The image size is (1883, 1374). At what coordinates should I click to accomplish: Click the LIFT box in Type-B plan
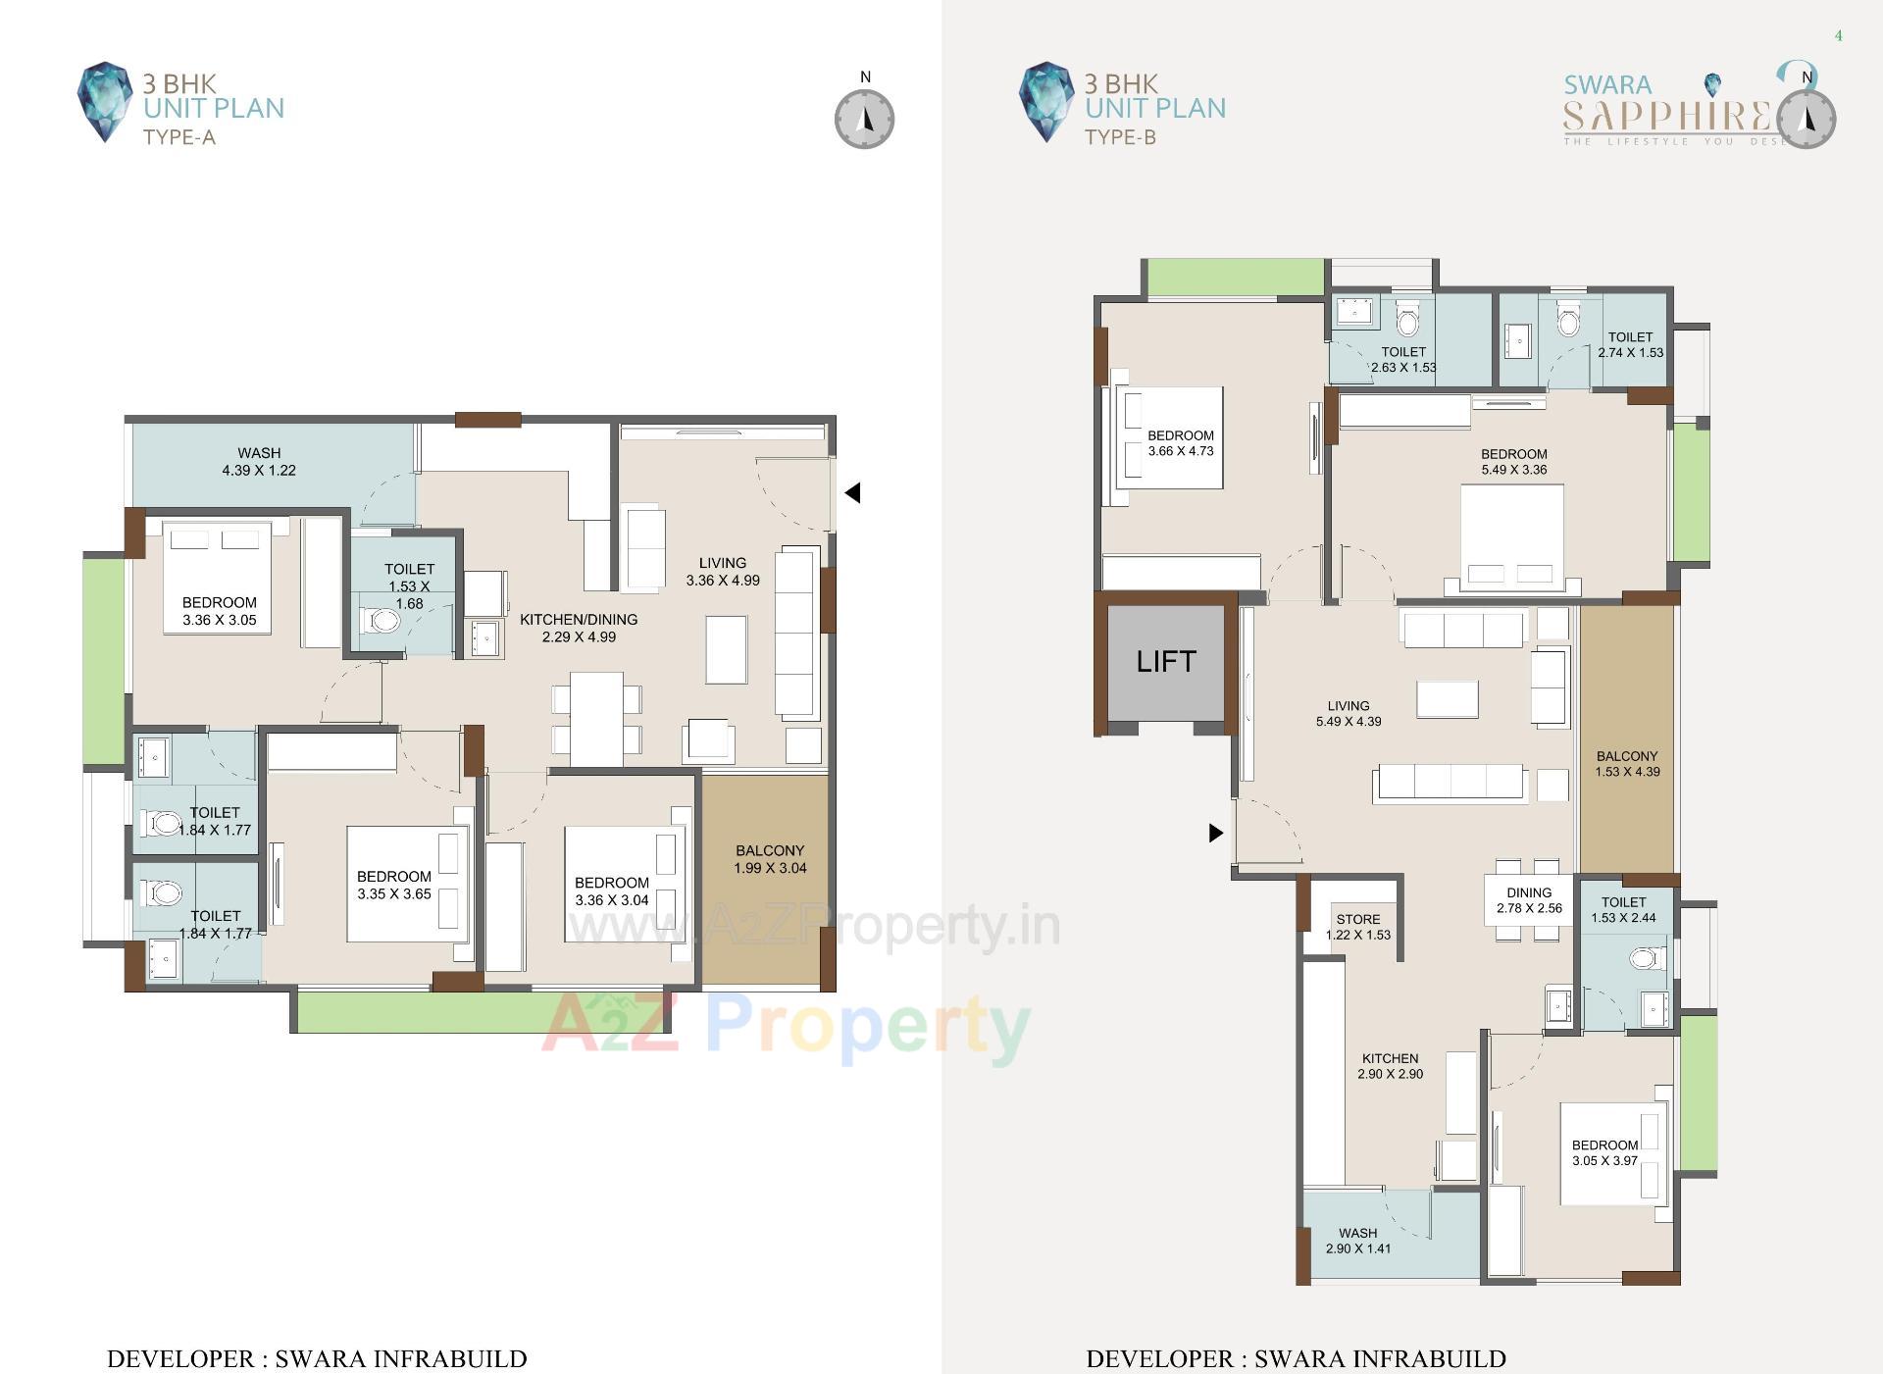[1165, 662]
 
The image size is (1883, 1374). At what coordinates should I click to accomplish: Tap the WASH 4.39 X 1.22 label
[259, 462]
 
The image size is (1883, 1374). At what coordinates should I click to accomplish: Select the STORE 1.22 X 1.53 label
[1358, 927]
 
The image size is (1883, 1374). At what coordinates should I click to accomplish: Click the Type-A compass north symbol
[864, 119]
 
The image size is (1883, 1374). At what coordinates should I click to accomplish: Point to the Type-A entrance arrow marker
[852, 493]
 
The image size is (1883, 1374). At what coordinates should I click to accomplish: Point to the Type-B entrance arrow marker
[1216, 833]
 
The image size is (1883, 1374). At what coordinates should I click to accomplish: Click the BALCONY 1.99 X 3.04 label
[770, 859]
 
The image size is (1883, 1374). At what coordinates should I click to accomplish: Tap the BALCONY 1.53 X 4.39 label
[1627, 764]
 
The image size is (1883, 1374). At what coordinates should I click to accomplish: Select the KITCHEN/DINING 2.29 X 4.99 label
[579, 628]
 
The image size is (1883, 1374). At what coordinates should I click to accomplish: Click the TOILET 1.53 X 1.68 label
[409, 585]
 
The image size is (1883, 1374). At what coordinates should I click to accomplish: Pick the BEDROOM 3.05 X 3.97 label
[1604, 1152]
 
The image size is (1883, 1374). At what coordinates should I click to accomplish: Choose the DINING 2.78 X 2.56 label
[1529, 900]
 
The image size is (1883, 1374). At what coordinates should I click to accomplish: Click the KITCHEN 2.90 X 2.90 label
[1390, 1066]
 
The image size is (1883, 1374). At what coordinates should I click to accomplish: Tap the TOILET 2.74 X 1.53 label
[1630, 344]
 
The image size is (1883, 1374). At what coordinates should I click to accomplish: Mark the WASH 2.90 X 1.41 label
[1357, 1241]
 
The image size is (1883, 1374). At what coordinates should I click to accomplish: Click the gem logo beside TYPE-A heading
[104, 102]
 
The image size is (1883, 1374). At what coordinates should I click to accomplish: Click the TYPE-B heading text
[1120, 137]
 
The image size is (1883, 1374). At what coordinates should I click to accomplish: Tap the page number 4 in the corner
[1838, 36]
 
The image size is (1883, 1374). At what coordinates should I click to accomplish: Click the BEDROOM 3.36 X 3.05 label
[220, 611]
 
